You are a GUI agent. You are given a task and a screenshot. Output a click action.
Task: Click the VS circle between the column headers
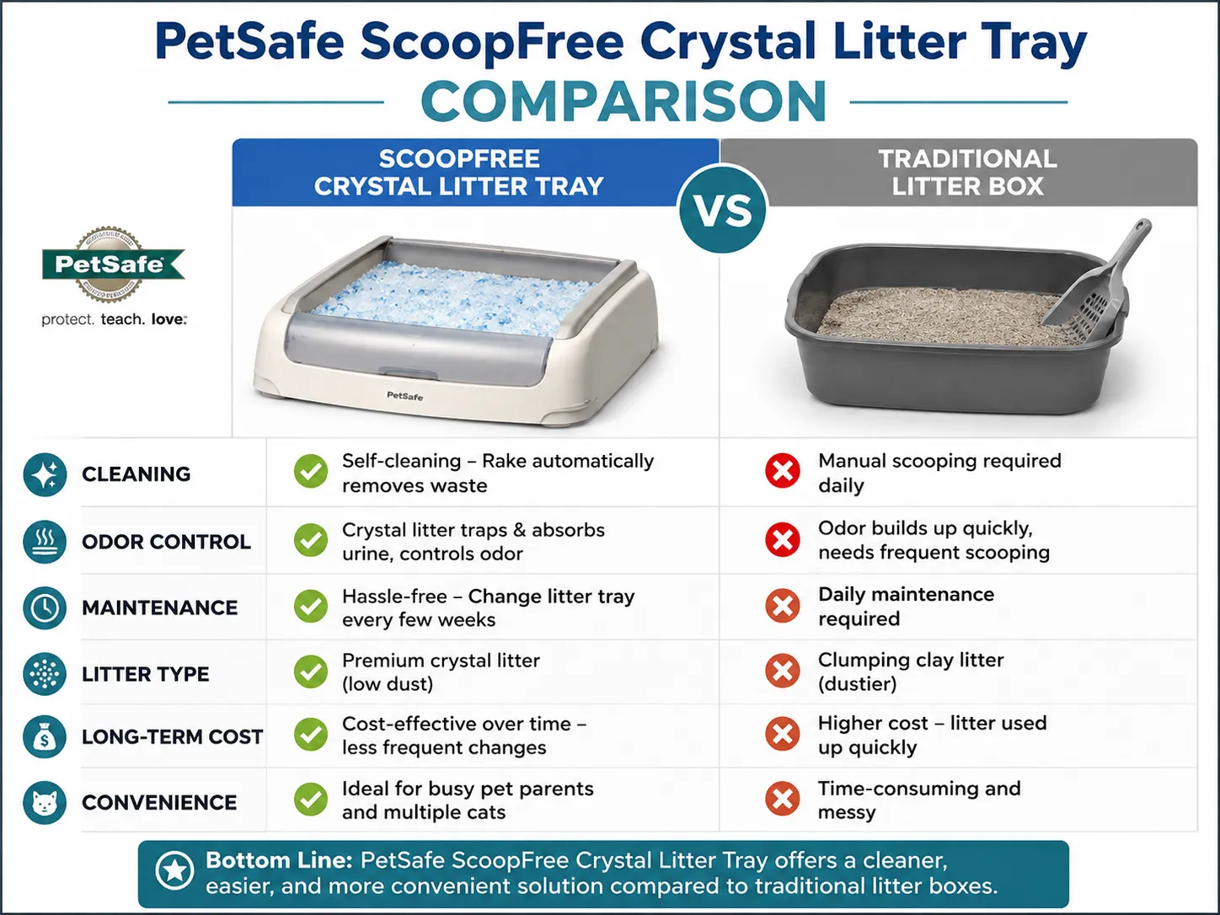722,210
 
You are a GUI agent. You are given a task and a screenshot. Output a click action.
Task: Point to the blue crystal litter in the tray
453,298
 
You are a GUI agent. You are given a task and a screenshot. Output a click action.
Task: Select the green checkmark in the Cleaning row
311,472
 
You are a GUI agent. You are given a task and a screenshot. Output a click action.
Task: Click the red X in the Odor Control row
782,539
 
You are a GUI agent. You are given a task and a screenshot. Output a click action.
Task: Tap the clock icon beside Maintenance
45,607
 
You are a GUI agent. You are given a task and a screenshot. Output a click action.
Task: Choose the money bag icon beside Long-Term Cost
45,736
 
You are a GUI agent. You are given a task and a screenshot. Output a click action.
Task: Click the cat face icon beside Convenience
45,803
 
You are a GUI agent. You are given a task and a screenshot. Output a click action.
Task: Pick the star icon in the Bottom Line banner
174,871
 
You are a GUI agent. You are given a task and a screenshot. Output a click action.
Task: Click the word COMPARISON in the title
623,101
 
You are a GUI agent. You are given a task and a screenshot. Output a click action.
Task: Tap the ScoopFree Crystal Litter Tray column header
459,172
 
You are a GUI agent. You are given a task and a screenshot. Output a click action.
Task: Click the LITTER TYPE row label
146,674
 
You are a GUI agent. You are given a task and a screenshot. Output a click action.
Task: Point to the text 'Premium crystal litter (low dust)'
441,672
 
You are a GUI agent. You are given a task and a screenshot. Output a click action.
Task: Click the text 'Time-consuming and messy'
919,800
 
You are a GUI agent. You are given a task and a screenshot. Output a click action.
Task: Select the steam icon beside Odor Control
45,542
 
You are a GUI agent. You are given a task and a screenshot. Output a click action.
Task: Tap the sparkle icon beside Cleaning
45,474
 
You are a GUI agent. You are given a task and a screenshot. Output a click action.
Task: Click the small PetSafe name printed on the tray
404,395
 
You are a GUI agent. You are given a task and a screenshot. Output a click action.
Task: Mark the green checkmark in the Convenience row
311,800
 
